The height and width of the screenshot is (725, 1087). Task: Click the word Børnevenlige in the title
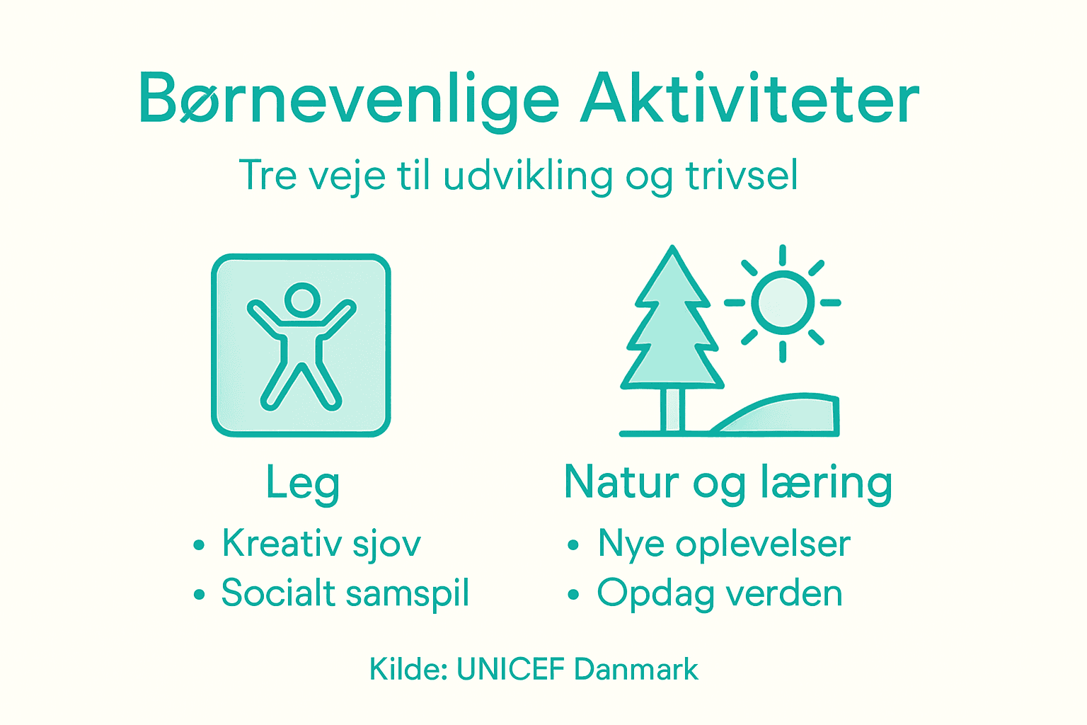(349, 99)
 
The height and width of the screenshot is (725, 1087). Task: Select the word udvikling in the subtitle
(527, 176)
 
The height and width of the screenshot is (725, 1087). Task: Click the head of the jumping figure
(302, 299)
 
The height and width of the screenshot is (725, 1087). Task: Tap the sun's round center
(783, 302)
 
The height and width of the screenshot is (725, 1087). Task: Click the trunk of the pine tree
(673, 409)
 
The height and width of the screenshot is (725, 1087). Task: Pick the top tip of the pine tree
(673, 249)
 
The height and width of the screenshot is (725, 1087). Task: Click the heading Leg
(302, 484)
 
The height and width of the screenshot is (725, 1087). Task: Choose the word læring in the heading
(826, 484)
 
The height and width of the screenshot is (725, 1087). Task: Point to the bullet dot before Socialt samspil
(199, 595)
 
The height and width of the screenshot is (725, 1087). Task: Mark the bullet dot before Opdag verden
(573, 595)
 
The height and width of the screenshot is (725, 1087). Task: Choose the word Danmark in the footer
(636, 669)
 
